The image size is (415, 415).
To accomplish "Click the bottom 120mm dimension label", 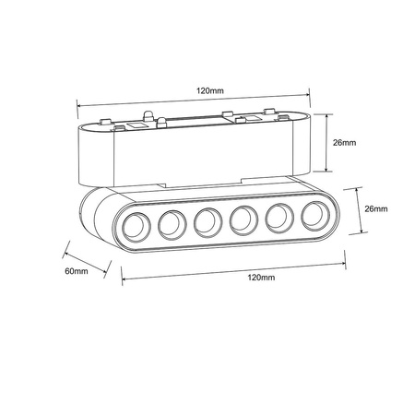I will [261, 277].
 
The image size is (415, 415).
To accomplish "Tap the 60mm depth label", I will [77, 271].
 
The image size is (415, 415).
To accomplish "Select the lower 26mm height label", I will [376, 209].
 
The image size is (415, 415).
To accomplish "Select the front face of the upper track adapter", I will [184, 157].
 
